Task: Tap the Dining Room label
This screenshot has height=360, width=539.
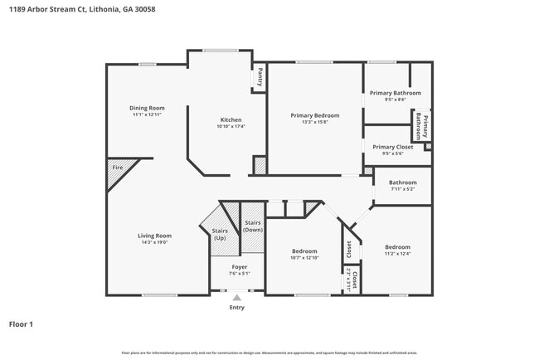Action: point(147,108)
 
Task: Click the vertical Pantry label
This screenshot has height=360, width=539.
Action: point(260,77)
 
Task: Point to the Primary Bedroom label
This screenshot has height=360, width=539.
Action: point(314,115)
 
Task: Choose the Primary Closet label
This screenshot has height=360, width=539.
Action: point(392,146)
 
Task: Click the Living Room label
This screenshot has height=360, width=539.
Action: point(154,236)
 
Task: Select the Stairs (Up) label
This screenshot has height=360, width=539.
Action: point(220,235)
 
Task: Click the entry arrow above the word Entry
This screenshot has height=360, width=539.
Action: point(237,296)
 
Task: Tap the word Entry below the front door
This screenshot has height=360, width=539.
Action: point(237,307)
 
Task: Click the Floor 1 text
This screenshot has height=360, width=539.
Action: point(21,324)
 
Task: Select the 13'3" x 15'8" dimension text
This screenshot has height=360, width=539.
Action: point(314,122)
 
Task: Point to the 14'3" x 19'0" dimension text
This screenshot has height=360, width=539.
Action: point(154,242)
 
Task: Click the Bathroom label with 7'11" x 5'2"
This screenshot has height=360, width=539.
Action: point(403,182)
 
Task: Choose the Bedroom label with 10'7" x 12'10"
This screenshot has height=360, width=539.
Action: point(305,251)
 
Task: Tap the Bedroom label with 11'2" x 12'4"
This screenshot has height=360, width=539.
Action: point(396,247)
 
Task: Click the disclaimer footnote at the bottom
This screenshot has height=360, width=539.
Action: point(269,352)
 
